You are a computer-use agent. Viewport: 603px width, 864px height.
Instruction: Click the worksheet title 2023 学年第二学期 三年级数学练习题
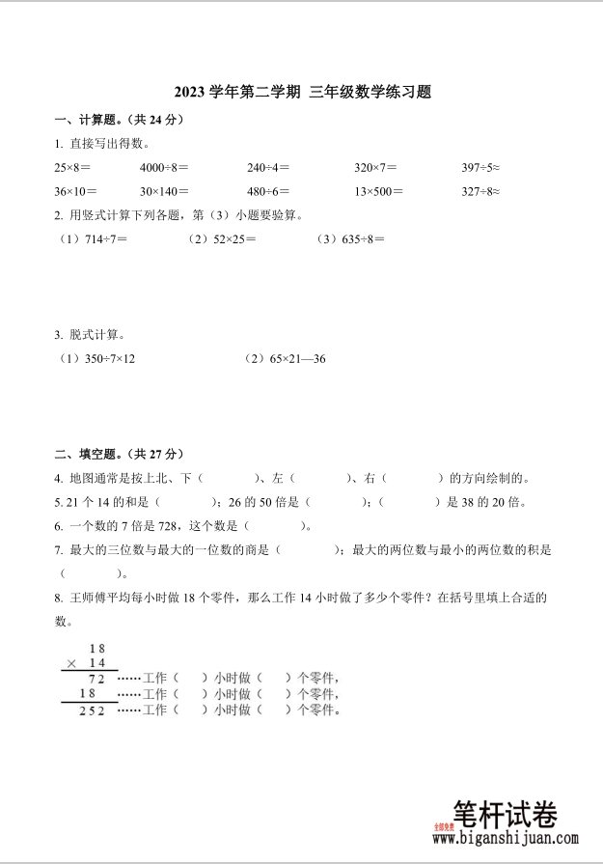tap(301, 93)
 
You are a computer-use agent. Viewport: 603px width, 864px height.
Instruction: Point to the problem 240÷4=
tap(268, 167)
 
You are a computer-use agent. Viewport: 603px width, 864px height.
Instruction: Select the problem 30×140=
tap(164, 191)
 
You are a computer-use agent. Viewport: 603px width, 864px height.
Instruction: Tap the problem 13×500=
tap(378, 191)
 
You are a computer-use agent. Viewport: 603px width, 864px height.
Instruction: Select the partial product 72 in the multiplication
tap(97, 679)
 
